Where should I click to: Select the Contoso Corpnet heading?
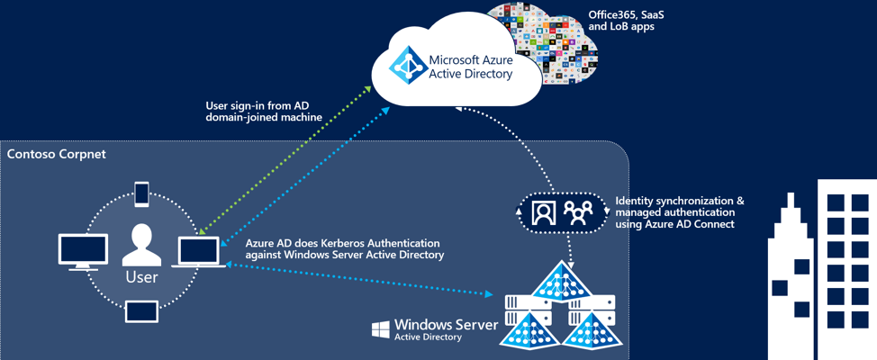pyautogui.click(x=57, y=155)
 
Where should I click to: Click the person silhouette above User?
pyautogui.click(x=141, y=246)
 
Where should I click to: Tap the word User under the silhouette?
pyautogui.click(x=141, y=276)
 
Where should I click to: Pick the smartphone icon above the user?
pyautogui.click(x=141, y=193)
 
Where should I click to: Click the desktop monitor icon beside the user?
pyautogui.click(x=83, y=251)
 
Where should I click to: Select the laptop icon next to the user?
pyautogui.click(x=199, y=252)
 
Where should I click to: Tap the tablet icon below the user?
pyautogui.click(x=141, y=311)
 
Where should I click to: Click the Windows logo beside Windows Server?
pyautogui.click(x=381, y=328)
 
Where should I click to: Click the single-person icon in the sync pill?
pyautogui.click(x=543, y=212)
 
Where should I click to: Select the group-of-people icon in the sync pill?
pyautogui.click(x=578, y=212)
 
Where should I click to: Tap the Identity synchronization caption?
pyautogui.click(x=680, y=211)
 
